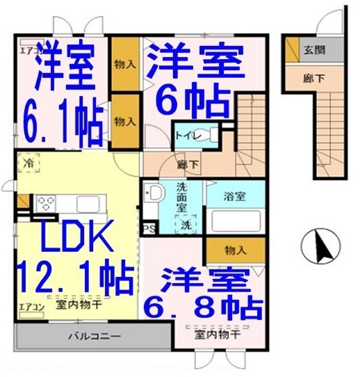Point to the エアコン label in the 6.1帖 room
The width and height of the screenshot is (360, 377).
[x=28, y=49]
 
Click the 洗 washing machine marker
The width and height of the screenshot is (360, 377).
[x=186, y=225]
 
